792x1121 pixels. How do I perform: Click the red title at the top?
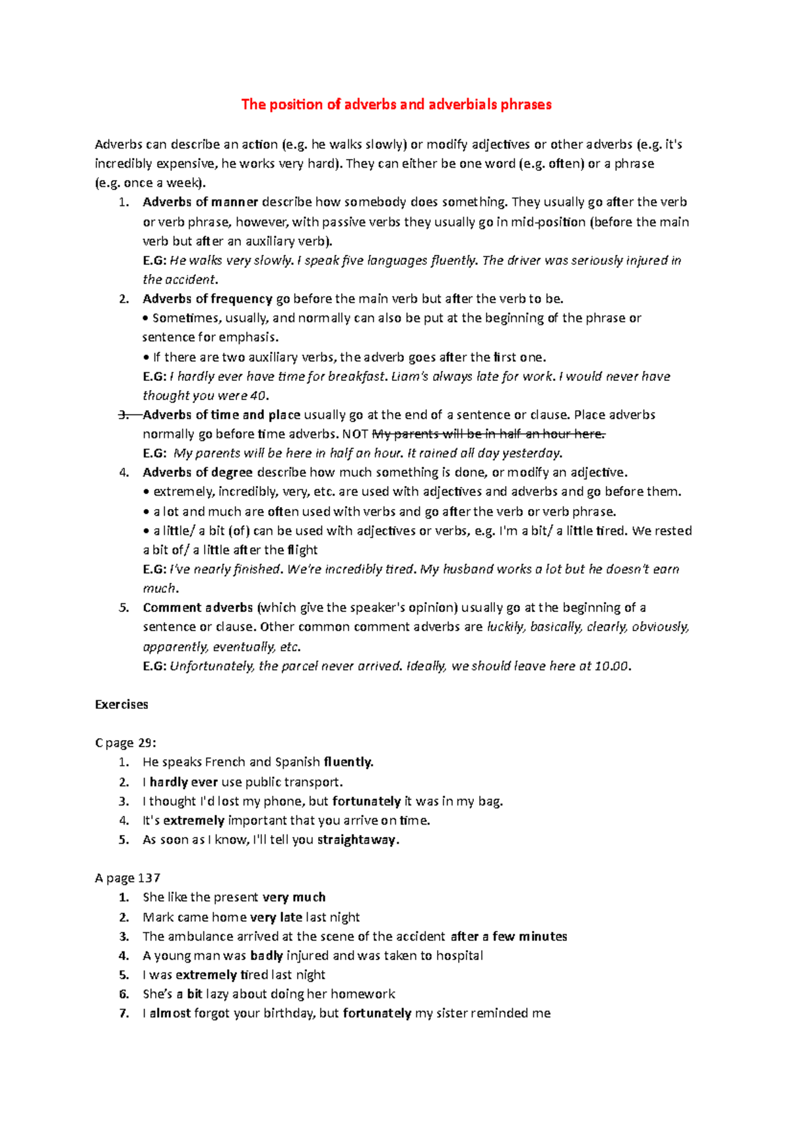[x=396, y=104]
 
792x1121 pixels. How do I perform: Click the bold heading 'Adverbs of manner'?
[x=200, y=202]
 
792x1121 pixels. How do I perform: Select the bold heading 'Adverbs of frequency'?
[x=207, y=299]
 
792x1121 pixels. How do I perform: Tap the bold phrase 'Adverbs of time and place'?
[x=221, y=415]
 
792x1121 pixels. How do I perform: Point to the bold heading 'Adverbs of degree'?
[x=197, y=472]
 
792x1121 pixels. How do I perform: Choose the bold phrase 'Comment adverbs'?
[x=197, y=607]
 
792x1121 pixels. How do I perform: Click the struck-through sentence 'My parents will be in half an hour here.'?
[x=488, y=434]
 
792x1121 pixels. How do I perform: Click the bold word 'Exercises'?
[x=121, y=704]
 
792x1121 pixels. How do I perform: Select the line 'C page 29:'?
[x=125, y=743]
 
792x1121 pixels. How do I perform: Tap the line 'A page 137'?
[x=127, y=878]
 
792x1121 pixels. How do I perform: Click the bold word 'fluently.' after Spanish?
[x=348, y=762]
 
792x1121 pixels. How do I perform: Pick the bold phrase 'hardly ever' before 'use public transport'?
[x=183, y=782]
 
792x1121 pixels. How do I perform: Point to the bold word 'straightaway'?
[x=357, y=840]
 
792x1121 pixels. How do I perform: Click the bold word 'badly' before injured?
[x=267, y=955]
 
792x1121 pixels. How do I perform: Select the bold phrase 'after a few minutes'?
[x=509, y=936]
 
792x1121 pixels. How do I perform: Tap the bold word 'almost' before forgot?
[x=170, y=1013]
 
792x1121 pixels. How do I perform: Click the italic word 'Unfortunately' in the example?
[x=211, y=666]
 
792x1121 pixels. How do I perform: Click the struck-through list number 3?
[x=124, y=415]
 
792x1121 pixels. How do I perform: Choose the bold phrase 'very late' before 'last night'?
[x=276, y=917]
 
